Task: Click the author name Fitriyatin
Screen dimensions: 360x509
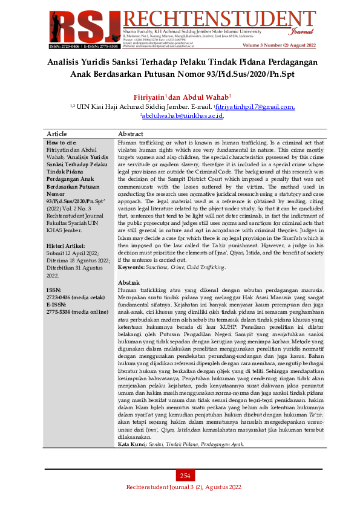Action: (x=149, y=97)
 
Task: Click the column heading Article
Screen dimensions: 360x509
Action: (x=57, y=134)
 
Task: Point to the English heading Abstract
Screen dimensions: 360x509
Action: (x=130, y=134)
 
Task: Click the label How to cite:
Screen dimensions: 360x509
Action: (x=62, y=142)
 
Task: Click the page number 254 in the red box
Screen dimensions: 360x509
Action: (x=185, y=476)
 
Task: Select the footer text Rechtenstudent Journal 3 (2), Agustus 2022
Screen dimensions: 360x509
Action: (x=183, y=487)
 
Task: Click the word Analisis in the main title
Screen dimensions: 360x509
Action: (x=69, y=62)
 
